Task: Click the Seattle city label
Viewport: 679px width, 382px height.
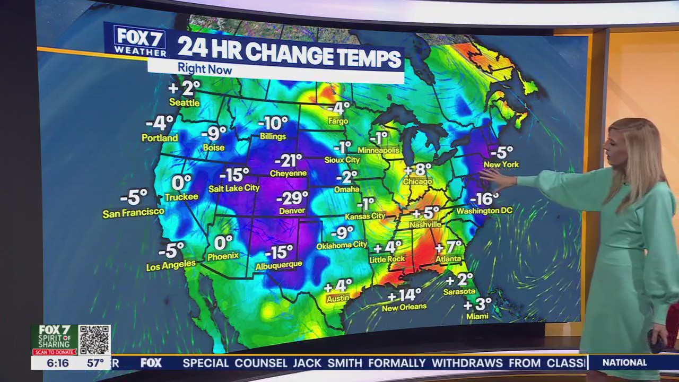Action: (x=184, y=102)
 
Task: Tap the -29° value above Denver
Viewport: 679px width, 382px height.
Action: (x=292, y=198)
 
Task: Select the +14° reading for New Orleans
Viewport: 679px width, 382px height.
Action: (x=404, y=295)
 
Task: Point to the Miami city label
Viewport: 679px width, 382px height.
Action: (x=477, y=316)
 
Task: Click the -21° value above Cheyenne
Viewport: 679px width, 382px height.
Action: (x=288, y=160)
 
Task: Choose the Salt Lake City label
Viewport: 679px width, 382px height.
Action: (x=234, y=188)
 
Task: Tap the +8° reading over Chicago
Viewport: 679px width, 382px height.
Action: (x=418, y=170)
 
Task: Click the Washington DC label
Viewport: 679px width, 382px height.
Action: (x=484, y=211)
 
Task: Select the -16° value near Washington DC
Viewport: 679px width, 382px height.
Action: (x=484, y=199)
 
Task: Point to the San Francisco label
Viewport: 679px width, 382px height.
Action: (x=133, y=212)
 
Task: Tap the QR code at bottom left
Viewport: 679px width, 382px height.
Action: (x=94, y=340)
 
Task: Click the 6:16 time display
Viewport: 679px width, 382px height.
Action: (x=57, y=363)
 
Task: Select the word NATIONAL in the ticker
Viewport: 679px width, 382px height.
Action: (x=625, y=362)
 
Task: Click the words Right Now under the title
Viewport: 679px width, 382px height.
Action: (x=205, y=69)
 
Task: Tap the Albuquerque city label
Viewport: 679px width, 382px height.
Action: (x=278, y=264)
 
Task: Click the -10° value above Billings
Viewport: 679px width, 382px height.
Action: (x=273, y=124)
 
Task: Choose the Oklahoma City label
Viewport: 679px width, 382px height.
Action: (x=342, y=245)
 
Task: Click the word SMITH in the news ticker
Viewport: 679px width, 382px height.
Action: (x=345, y=363)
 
